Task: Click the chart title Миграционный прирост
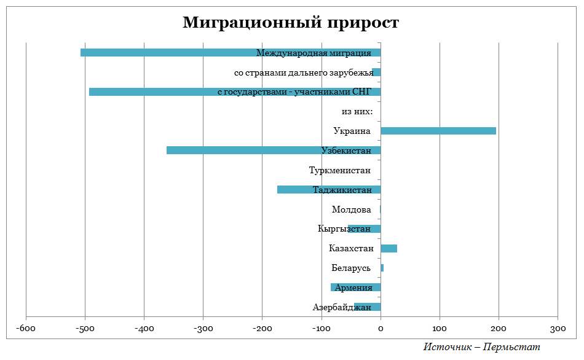[x=291, y=23]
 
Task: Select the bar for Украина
[x=438, y=131]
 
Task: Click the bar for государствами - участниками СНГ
[x=154, y=92]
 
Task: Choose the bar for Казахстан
[x=389, y=249]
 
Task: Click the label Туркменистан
[x=339, y=170]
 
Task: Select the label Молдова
[x=351, y=209]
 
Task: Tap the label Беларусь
[x=351, y=268]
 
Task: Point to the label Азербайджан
[x=341, y=307]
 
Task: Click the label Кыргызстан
[x=344, y=229]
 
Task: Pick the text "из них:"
[x=357, y=112]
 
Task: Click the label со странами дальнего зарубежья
[x=304, y=72]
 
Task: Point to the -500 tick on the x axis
[x=85, y=329]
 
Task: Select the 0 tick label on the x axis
[x=381, y=329]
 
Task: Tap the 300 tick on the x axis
[x=558, y=329]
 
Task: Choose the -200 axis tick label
[x=262, y=329]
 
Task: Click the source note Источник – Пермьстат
[x=482, y=347]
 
